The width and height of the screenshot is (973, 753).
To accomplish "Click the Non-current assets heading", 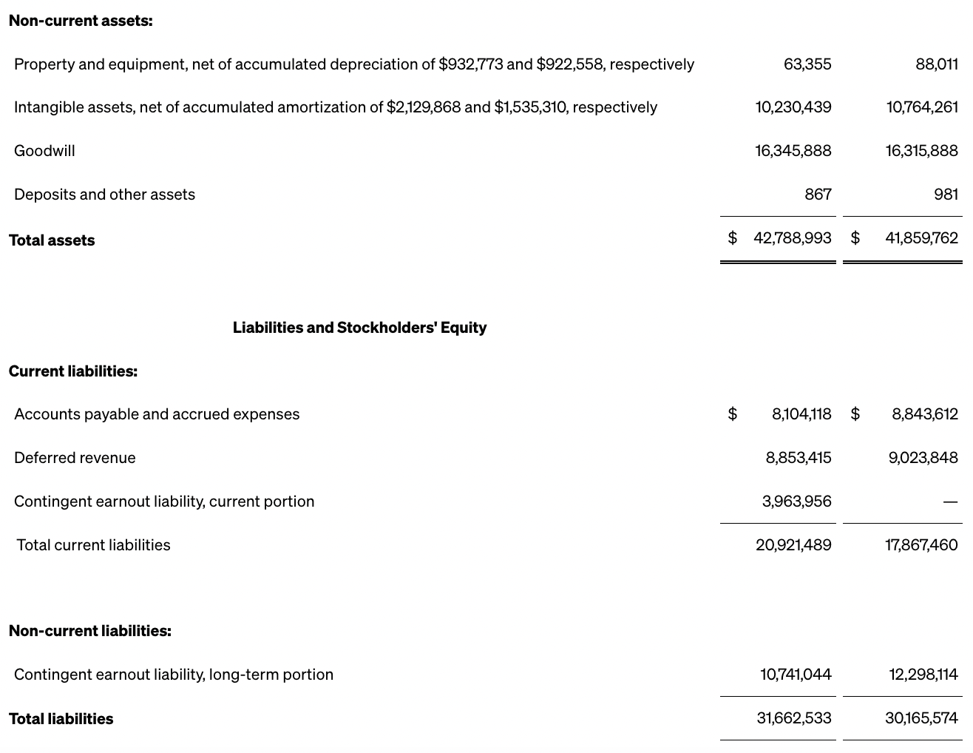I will [x=81, y=21].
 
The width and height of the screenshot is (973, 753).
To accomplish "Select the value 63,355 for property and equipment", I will [x=807, y=64].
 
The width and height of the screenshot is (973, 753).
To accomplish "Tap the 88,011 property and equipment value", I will [x=936, y=64].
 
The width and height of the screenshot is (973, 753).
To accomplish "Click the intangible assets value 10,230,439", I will [x=793, y=107].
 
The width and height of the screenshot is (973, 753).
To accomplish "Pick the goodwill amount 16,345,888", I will [x=793, y=151].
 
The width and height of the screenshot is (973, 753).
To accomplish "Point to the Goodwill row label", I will [x=44, y=151].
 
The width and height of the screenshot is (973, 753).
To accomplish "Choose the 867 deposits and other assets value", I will [x=818, y=195].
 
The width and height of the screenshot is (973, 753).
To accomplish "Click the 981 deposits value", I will [x=946, y=195].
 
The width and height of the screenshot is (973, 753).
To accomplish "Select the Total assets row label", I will [x=52, y=240].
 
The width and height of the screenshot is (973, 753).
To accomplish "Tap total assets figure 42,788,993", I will [x=792, y=238].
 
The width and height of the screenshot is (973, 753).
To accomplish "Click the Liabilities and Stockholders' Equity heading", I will [x=359, y=328].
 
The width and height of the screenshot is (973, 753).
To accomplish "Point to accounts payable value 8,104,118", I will [x=801, y=414].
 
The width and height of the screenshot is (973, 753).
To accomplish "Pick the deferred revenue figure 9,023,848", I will [x=923, y=458].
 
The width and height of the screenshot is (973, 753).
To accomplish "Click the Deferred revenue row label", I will [x=75, y=458].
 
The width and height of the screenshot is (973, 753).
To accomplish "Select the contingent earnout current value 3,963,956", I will [x=796, y=502].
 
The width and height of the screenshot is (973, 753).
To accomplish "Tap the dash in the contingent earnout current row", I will [x=950, y=502].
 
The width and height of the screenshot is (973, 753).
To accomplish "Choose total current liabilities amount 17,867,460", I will [x=921, y=545].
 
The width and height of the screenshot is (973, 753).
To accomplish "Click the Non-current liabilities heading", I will [x=90, y=631].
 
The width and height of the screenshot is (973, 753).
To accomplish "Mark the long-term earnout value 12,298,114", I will [x=923, y=675].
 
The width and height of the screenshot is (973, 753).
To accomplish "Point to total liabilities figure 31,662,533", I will [x=793, y=718].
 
